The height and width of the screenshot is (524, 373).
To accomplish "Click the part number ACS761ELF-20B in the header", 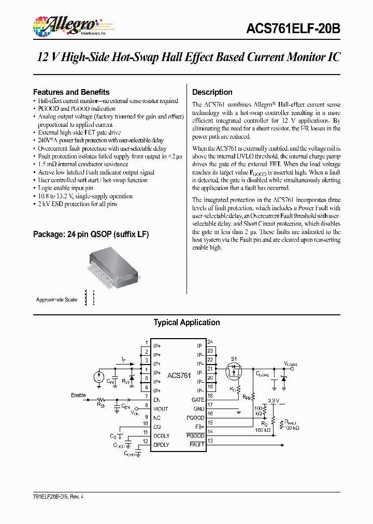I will coord(293,30).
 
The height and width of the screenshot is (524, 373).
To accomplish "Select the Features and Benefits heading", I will coord(71,92).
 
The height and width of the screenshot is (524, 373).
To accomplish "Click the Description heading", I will coord(212,92).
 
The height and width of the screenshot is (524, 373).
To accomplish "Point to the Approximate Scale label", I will coord(56,300).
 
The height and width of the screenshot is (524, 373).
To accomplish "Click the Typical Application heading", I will coord(187,323).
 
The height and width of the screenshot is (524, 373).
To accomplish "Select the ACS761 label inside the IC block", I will coord(179,375).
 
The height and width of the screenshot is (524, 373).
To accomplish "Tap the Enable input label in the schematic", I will coord(78,395).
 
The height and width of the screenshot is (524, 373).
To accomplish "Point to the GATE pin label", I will coord(198,400).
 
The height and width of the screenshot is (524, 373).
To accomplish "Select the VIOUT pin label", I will coord(161,409).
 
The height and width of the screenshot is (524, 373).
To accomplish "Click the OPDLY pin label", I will coord(161,445).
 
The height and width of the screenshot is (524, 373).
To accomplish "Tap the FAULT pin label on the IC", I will coord(197,445).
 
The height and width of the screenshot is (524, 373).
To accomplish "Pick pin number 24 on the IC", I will coord(210,342).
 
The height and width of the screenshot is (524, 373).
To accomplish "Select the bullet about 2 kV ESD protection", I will coord(78,204).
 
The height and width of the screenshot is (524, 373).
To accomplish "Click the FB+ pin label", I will coord(199,427).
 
